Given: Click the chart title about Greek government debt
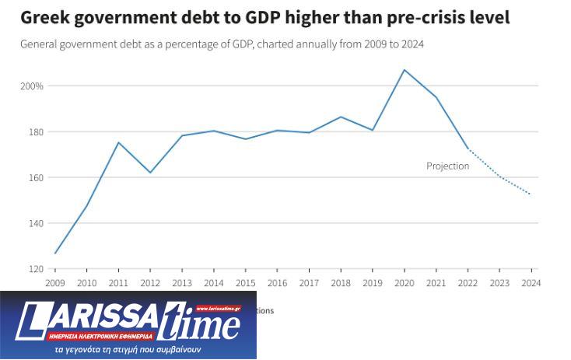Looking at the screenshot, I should (x=265, y=16).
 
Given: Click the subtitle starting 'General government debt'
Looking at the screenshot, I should (x=222, y=44).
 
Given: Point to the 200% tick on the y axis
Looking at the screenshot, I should (x=32, y=86).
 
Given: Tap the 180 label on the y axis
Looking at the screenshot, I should (x=36, y=131).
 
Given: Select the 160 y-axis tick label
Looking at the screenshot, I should (x=36, y=177).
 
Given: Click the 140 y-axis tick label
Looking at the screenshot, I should (x=36, y=223).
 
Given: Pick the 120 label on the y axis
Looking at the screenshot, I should (x=36, y=269).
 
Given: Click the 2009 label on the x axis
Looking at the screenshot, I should (x=55, y=283).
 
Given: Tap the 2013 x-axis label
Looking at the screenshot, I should (x=182, y=283).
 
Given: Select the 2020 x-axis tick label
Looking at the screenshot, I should (x=405, y=283).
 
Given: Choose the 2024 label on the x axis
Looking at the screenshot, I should (x=531, y=283).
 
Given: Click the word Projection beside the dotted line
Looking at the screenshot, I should (x=447, y=166).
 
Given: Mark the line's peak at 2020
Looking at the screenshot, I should (x=405, y=70).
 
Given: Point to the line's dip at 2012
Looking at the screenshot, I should (x=150, y=173).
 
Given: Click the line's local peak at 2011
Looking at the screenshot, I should (x=119, y=142).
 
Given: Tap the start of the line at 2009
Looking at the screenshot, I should (x=55, y=253).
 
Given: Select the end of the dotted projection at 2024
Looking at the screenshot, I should (x=531, y=194).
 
